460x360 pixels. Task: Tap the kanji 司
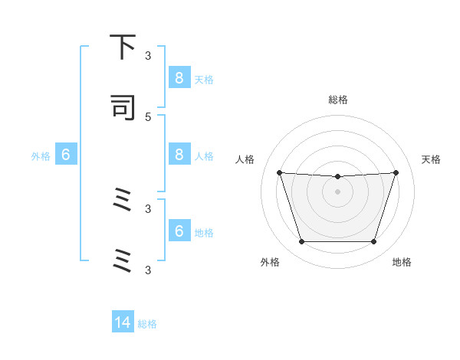(x=123, y=107)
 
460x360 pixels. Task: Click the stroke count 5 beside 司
(x=148, y=116)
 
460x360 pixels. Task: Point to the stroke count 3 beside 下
(x=148, y=55)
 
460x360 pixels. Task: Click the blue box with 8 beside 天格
(x=179, y=77)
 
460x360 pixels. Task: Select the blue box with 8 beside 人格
(x=179, y=154)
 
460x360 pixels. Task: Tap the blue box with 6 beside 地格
(x=179, y=231)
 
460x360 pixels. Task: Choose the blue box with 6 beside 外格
(x=66, y=155)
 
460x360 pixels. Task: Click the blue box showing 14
(x=123, y=322)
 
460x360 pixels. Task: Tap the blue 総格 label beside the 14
(x=148, y=324)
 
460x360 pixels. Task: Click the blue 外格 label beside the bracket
(x=41, y=156)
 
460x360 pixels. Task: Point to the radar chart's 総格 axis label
(x=337, y=100)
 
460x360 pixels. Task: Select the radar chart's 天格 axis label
(x=431, y=159)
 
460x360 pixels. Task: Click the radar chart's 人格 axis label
(x=245, y=159)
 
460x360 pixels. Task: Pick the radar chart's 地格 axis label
(x=402, y=262)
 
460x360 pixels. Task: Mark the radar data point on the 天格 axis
(x=396, y=172)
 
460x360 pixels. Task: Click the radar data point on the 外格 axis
(x=301, y=242)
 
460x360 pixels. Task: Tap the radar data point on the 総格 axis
(x=337, y=177)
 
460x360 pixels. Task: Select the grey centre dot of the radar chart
(x=337, y=191)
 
